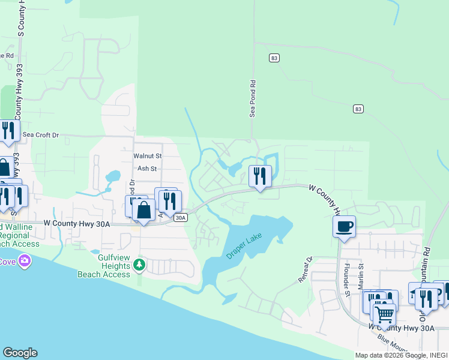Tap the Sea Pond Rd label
(x=253, y=98)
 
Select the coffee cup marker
(x=344, y=227)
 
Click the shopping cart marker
(x=384, y=313)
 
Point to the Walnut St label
(x=148, y=156)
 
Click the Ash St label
(x=147, y=169)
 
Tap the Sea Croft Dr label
(x=41, y=136)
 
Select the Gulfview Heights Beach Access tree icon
(x=139, y=264)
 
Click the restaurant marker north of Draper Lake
(x=260, y=176)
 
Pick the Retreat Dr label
(x=306, y=270)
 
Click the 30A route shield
(x=181, y=218)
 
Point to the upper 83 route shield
(x=274, y=58)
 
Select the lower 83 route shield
(x=358, y=109)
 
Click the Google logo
(x=20, y=353)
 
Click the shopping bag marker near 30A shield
(x=143, y=211)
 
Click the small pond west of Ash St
(x=112, y=177)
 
